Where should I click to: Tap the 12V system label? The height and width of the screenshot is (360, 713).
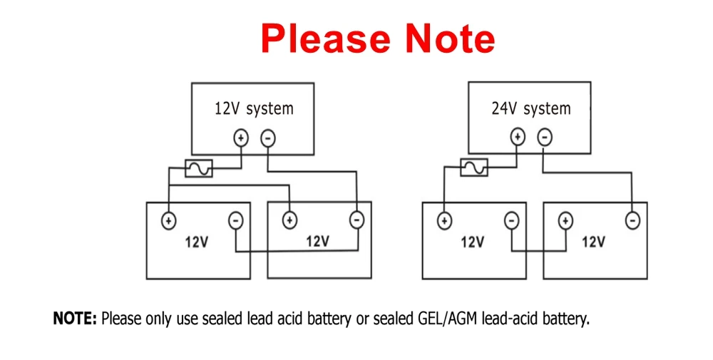tap(253, 108)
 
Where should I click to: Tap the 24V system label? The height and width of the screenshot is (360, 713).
tap(530, 108)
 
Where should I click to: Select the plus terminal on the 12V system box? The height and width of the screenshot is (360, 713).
tap(241, 138)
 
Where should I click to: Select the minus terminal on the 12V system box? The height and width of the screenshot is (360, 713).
tap(267, 138)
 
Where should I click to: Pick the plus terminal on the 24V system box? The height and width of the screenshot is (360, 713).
tap(518, 136)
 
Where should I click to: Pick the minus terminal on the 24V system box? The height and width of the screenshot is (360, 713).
tap(544, 136)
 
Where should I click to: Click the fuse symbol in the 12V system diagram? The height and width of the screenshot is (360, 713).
tap(198, 168)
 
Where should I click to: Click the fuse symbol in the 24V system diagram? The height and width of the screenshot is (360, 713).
tap(473, 167)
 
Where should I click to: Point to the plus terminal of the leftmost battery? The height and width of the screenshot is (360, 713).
tap(169, 220)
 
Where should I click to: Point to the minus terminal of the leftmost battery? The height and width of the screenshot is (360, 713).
tap(236, 221)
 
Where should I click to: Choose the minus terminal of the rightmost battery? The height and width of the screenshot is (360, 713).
tap(632, 221)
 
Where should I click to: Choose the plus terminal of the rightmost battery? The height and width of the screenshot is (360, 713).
tap(565, 220)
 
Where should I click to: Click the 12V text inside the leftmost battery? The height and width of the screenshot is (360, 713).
tap(197, 242)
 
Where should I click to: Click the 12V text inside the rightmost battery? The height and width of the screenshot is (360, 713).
tap(593, 242)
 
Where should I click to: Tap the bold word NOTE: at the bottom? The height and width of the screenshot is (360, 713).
tap(75, 319)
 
